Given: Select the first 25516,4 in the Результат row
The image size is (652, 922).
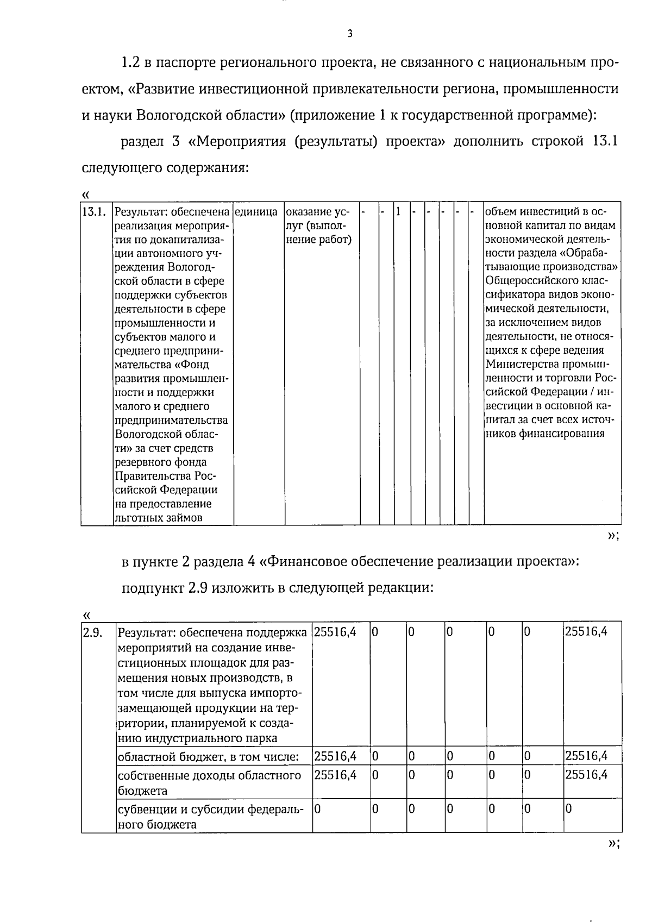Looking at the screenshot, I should (x=335, y=632).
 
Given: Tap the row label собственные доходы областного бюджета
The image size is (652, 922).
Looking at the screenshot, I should (x=209, y=783).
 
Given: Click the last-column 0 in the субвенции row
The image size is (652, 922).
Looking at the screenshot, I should (x=569, y=809).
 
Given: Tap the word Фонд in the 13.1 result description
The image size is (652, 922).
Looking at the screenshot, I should (x=197, y=365).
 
